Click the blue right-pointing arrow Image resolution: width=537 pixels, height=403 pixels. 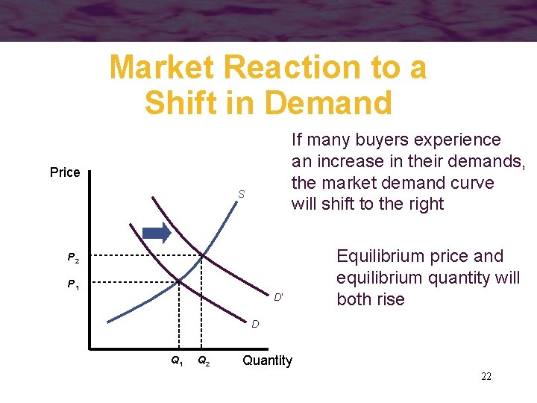click(x=157, y=233)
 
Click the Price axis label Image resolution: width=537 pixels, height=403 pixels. click(x=65, y=172)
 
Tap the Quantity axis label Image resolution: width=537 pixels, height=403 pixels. click(x=267, y=360)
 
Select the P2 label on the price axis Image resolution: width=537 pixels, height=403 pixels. click(x=72, y=258)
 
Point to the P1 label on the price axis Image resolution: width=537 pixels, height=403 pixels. click(x=72, y=284)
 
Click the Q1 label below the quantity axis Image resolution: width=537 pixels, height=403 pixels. click(x=177, y=360)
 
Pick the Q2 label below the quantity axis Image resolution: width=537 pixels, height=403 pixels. click(x=202, y=360)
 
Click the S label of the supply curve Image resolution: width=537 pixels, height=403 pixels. click(x=242, y=195)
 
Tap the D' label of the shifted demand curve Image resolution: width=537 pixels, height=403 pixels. click(x=277, y=297)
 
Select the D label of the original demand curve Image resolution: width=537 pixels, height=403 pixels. click(x=255, y=324)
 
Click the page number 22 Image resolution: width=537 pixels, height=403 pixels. click(x=486, y=376)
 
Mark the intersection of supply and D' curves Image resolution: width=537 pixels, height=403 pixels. click(x=203, y=255)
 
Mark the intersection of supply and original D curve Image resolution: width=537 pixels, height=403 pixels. click(x=178, y=281)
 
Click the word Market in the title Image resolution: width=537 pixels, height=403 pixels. click(x=162, y=68)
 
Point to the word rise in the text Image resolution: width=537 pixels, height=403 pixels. click(x=391, y=300)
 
